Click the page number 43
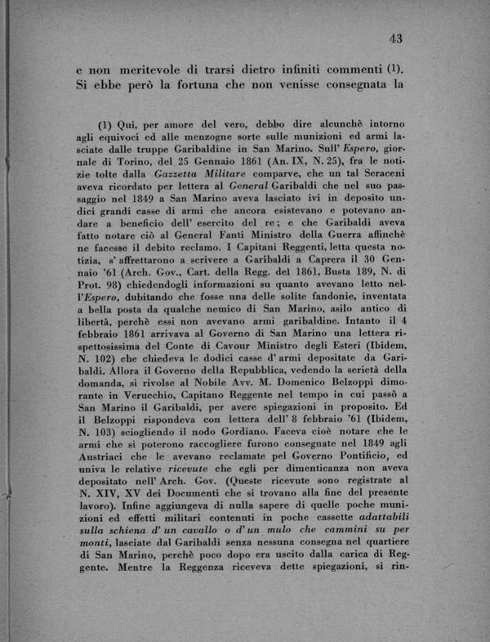[x=398, y=37]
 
